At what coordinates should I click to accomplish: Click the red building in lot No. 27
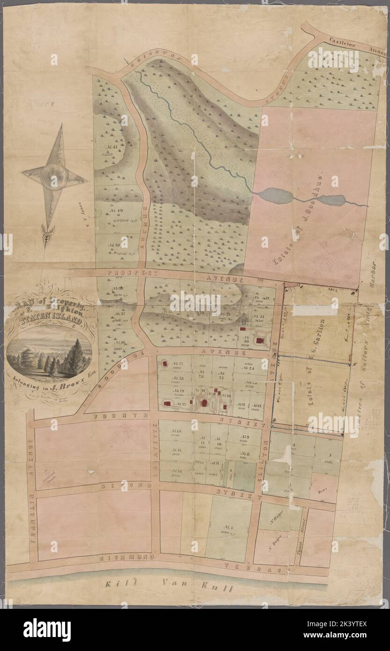(165, 363)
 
